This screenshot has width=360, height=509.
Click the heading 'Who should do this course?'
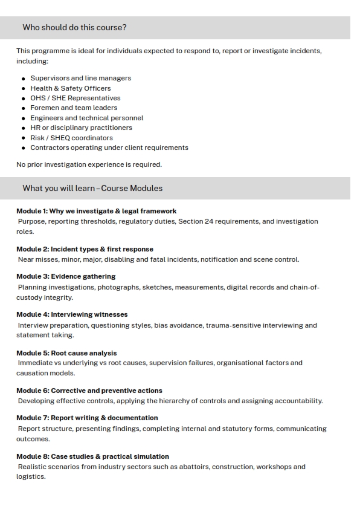pyautogui.click(x=74, y=28)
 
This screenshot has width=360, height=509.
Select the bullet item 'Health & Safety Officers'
pyautogui.click(x=71, y=88)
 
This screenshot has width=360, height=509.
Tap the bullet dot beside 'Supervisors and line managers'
pyautogui.click(x=24, y=79)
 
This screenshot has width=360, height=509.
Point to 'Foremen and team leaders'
pyautogui.click(x=74, y=108)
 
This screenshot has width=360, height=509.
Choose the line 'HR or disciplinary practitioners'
pyautogui.click(x=81, y=128)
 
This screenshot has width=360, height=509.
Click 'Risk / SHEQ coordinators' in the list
pyautogui.click(x=71, y=138)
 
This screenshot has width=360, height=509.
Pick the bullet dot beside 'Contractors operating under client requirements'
pyautogui.click(x=24, y=148)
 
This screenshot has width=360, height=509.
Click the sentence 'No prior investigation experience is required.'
pyautogui.click(x=89, y=164)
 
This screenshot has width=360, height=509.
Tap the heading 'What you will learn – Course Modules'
pyautogui.click(x=92, y=188)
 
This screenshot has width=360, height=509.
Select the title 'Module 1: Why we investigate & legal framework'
pyautogui.click(x=96, y=211)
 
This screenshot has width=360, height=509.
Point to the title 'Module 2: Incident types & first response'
pyautogui.click(x=85, y=249)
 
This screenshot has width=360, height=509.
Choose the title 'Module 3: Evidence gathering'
pyautogui.click(x=66, y=276)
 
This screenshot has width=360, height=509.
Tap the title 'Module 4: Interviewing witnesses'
pyautogui.click(x=72, y=314)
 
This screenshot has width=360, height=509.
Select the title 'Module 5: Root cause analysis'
pyautogui.click(x=66, y=353)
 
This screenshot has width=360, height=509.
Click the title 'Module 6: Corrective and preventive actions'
pyautogui.click(x=89, y=391)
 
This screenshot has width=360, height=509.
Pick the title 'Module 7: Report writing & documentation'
pyautogui.click(x=87, y=418)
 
